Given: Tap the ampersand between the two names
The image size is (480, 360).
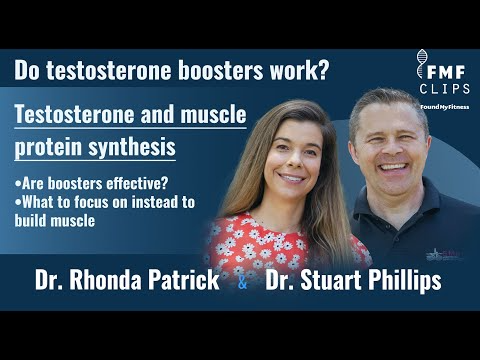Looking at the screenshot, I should coord(244,284).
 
